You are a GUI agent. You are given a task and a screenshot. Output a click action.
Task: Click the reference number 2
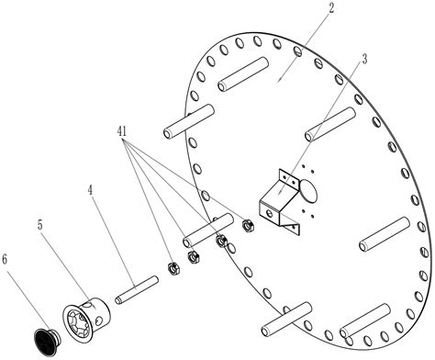coord(330,8)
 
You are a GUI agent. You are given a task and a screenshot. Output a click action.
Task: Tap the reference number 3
coord(364,60)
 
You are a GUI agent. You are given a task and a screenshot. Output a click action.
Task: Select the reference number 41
coord(122,131)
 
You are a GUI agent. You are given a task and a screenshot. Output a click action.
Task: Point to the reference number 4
coord(90,190)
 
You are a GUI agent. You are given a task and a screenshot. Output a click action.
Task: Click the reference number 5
coord(40,225)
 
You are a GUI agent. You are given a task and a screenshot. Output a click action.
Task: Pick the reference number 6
coord(5,259)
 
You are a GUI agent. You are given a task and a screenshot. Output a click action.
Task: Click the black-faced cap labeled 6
coord(47,339)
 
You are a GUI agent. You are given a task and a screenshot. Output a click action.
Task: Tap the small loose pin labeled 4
coord(137,290)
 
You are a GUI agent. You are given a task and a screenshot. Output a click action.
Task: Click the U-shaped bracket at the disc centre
coord(279,199)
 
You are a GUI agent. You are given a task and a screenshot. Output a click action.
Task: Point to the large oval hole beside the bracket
coord(308,190)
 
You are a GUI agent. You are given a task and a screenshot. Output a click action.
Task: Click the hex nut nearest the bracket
coord(249,226)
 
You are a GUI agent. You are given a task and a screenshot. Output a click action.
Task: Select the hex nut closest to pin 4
coord(173,268)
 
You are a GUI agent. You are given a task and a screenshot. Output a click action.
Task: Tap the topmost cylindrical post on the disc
coord(243,73)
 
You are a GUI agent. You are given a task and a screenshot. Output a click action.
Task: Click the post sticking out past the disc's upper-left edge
coord(189,121)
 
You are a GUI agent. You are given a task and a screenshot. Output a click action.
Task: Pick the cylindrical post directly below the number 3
coord(330,124)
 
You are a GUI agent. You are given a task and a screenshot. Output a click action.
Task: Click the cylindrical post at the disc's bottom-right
coord(364,321)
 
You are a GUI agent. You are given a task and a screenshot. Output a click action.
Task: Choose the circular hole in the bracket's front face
coord(269,213)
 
